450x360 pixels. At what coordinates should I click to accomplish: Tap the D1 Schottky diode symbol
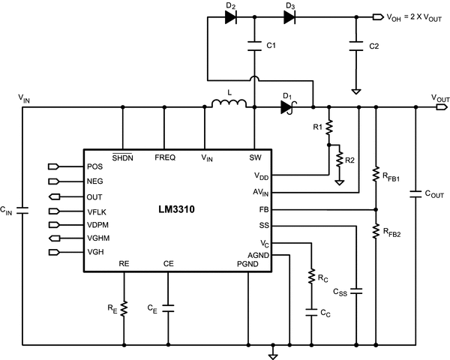click(286, 107)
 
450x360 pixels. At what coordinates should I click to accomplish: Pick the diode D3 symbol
click(289, 15)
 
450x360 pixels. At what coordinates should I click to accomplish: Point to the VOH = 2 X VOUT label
click(411, 15)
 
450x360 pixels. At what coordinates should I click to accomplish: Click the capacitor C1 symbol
click(256, 46)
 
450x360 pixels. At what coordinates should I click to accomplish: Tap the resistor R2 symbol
click(340, 160)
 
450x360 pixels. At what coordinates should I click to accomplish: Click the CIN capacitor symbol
click(23, 211)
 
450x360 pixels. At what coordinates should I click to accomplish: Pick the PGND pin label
click(247, 263)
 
